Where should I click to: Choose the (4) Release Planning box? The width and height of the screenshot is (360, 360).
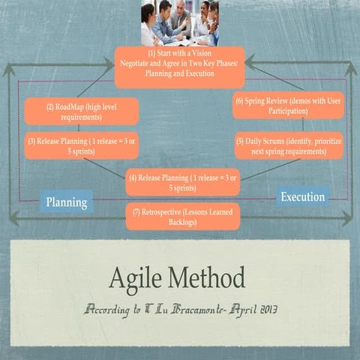183,182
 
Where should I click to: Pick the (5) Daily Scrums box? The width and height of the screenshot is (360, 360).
289,145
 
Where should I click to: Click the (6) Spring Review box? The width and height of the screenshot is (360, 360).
288,105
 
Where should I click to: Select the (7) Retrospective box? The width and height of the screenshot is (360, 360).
183,217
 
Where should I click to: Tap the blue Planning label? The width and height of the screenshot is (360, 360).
67,202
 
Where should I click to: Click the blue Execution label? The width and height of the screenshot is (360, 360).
303,197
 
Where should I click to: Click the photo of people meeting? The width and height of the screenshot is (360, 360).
180,22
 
